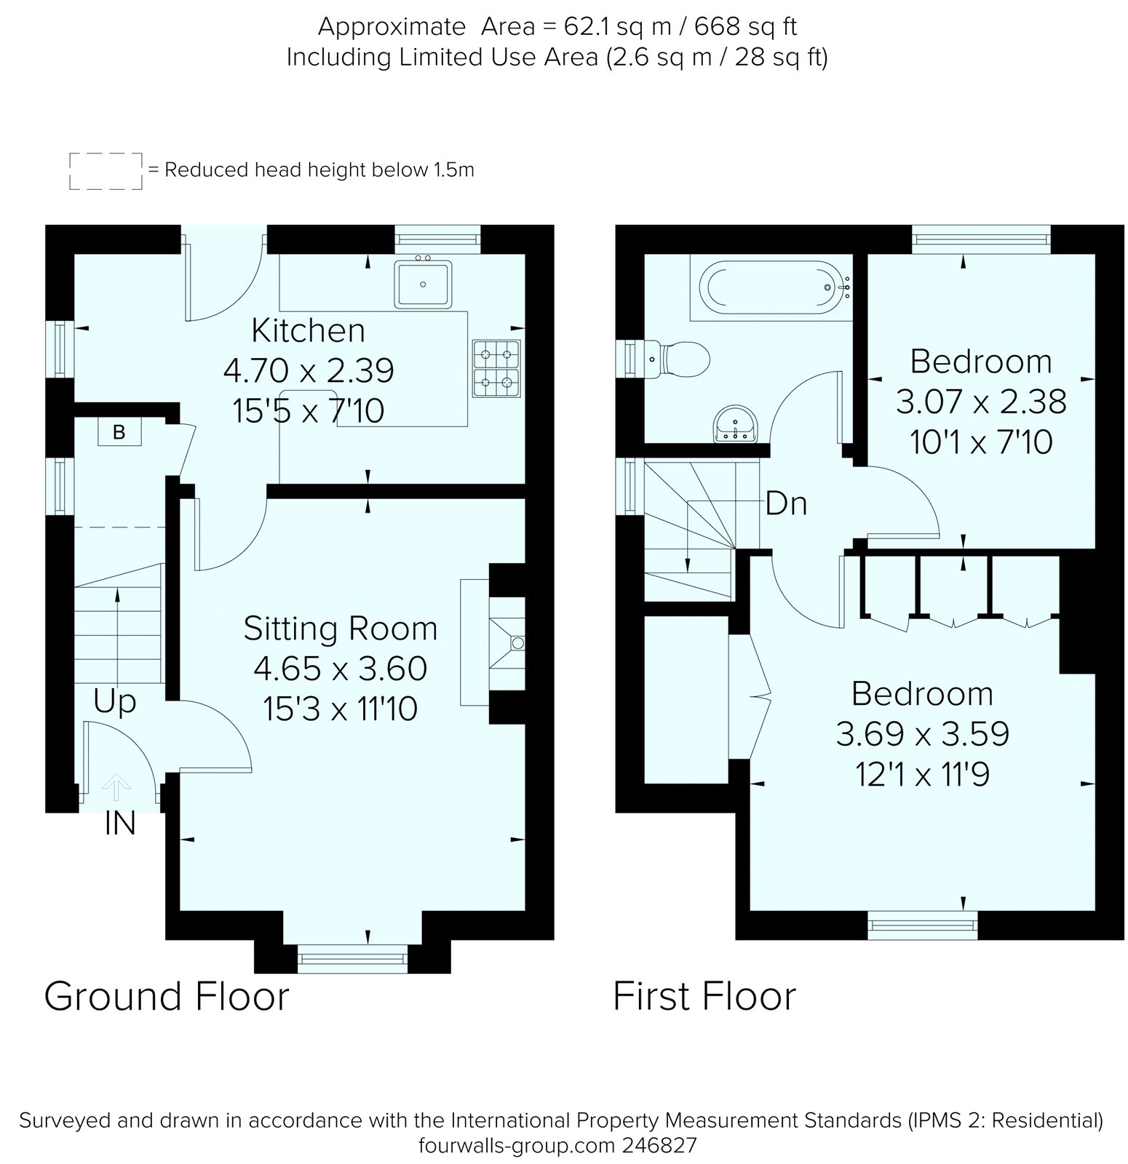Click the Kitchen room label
308,331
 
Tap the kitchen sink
424,284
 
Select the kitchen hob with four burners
496,368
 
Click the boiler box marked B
119,432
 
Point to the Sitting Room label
340,629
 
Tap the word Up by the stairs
115,702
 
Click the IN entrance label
120,824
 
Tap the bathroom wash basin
737,424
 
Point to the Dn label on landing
786,503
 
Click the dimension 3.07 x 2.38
980,402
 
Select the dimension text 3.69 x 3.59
922,734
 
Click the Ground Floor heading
167,996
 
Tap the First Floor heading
704,996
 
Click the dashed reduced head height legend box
106,171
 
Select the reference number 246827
659,1146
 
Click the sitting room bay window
352,957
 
